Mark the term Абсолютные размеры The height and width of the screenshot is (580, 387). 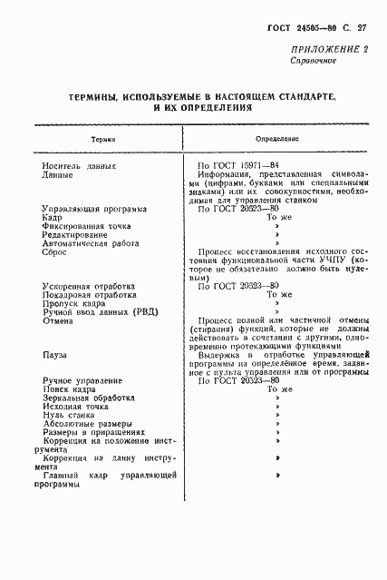[87, 424]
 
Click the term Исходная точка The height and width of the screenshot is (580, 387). [79, 407]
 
